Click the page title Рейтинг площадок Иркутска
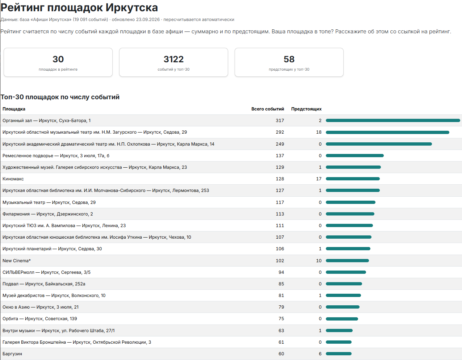79,8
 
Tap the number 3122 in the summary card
173,59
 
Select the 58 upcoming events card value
289,59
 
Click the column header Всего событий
268,109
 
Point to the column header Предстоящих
306,109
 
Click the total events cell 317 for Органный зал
280,121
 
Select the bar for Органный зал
393,121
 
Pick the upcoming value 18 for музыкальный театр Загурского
319,132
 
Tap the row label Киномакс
13,179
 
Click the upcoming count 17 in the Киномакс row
319,179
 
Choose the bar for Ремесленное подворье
354,156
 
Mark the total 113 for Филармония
280,214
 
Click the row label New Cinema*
17,261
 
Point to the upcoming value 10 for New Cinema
319,261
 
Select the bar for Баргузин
339,353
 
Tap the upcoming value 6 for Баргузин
320,353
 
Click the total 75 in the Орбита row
281,319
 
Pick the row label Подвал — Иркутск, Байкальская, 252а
44,284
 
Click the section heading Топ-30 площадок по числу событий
60,97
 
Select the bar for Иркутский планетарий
348,248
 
